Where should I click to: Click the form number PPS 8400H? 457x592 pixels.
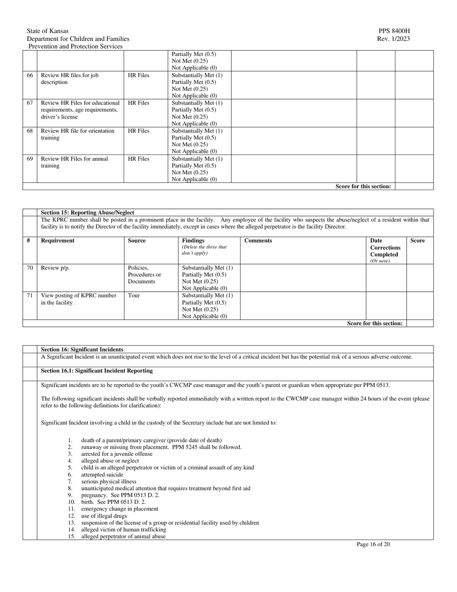click(x=394, y=31)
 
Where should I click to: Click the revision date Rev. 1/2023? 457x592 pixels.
click(x=394, y=39)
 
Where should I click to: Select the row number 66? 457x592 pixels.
click(x=30, y=76)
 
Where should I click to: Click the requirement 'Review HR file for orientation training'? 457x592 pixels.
click(x=77, y=134)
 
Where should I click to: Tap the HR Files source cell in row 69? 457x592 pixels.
click(x=139, y=159)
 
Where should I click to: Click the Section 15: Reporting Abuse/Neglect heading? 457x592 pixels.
click(x=88, y=212)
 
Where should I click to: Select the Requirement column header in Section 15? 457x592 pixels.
click(x=58, y=241)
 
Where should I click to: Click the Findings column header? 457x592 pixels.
click(x=193, y=241)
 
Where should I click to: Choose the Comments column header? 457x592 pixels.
click(x=258, y=241)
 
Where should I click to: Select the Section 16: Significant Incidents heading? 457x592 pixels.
click(x=82, y=349)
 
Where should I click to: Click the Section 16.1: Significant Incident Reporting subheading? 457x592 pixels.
click(x=97, y=371)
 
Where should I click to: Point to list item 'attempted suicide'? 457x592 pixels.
click(x=102, y=475)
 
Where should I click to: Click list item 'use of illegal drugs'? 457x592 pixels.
click(x=104, y=516)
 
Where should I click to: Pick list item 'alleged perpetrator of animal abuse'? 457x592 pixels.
click(x=123, y=536)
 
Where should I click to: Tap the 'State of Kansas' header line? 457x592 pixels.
click(x=48, y=31)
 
